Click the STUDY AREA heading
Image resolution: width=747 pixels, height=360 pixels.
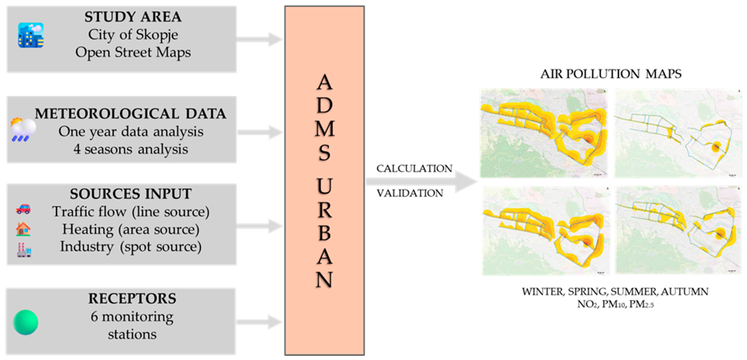click(133, 17)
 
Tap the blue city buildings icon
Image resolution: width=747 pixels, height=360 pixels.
click(31, 35)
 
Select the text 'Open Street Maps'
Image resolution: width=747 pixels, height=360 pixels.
click(133, 53)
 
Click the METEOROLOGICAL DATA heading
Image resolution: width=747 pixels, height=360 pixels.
click(131, 114)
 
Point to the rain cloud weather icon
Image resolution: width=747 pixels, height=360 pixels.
click(23, 130)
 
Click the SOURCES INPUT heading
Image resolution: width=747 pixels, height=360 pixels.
click(131, 194)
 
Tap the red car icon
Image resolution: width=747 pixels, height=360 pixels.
click(23, 209)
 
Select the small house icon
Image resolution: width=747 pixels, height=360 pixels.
click(23, 229)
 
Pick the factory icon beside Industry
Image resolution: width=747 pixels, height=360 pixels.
click(24, 250)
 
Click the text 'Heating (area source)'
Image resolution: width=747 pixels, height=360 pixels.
click(131, 229)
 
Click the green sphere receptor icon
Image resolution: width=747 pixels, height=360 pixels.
click(26, 322)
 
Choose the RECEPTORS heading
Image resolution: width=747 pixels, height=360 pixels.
click(132, 299)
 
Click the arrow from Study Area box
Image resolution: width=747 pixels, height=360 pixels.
click(259, 39)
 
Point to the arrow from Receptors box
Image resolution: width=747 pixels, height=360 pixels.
click(259, 322)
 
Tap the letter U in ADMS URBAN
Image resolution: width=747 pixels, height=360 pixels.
click(325, 186)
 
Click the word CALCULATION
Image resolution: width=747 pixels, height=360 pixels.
click(415, 169)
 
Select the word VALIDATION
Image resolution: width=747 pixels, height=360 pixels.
click(410, 193)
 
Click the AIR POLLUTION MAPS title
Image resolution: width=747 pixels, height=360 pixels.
click(611, 74)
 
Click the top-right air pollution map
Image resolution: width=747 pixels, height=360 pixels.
click(678, 133)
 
